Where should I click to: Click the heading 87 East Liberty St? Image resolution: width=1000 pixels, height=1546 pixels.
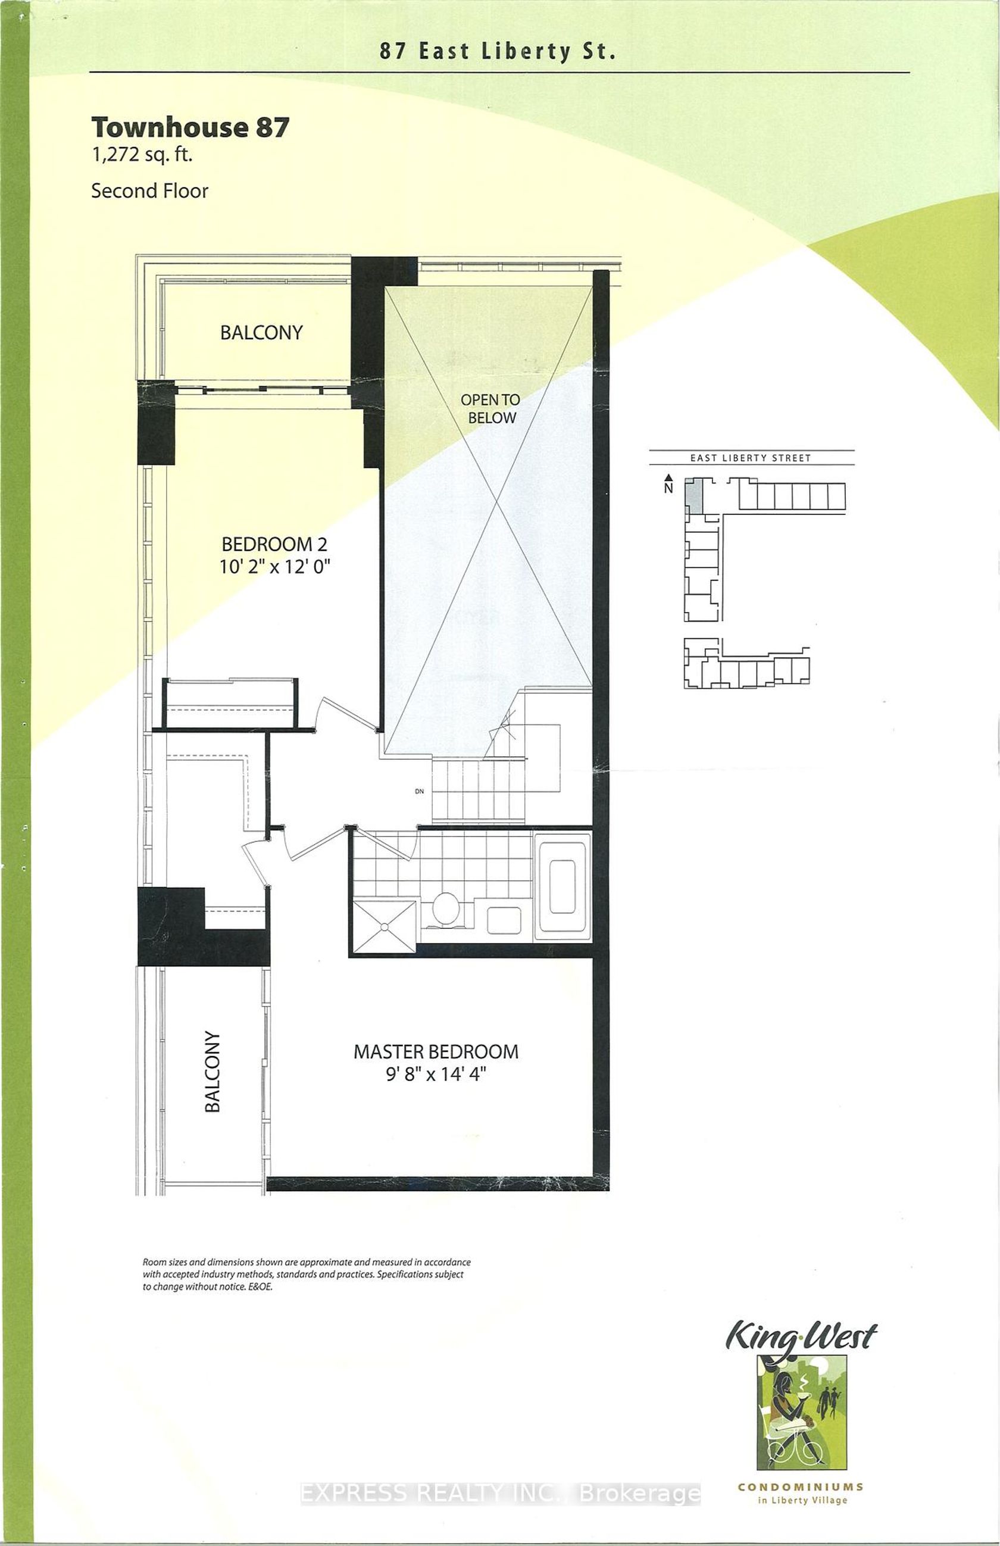[498, 51]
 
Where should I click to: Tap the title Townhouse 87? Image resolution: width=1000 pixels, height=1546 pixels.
[190, 127]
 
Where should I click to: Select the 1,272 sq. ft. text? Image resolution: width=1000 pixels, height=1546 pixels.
[142, 156]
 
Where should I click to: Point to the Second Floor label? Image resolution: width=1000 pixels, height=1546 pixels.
[149, 191]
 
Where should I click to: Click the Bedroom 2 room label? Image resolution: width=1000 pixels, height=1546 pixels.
[274, 544]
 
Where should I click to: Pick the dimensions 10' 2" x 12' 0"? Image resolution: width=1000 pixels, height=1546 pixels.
[274, 567]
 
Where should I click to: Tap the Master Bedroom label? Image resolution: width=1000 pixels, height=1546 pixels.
[436, 1051]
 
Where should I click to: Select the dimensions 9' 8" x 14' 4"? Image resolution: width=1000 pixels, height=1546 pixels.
[436, 1075]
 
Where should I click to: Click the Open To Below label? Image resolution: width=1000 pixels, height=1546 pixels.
[491, 408]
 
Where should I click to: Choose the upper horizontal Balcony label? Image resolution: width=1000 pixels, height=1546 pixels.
[261, 332]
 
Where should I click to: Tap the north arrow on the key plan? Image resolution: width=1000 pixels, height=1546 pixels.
[669, 479]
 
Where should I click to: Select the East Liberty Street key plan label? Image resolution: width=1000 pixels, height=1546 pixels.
[750, 458]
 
